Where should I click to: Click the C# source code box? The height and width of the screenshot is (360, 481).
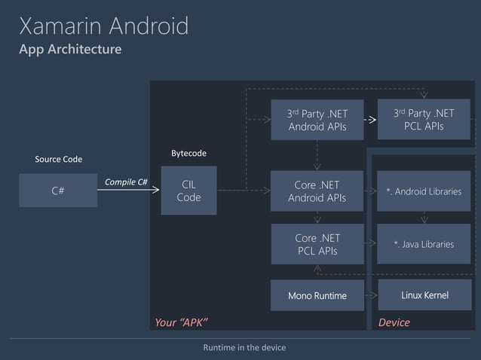pyautogui.click(x=58, y=191)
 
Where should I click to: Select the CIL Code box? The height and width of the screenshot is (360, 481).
pyautogui.click(x=188, y=191)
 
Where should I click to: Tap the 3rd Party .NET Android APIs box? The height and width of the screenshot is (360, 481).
pyautogui.click(x=317, y=120)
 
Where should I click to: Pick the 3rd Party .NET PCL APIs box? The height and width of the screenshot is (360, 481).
pyautogui.click(x=423, y=119)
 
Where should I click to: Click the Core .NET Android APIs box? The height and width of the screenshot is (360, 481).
pyautogui.click(x=317, y=191)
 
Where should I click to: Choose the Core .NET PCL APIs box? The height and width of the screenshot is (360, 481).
pyautogui.click(x=317, y=244)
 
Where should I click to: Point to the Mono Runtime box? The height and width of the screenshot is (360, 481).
pyautogui.click(x=317, y=295)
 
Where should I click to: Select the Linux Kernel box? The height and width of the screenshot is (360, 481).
pyautogui.click(x=423, y=295)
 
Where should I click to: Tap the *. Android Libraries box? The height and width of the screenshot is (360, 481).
pyautogui.click(x=423, y=191)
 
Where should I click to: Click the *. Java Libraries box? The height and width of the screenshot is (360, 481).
pyautogui.click(x=423, y=244)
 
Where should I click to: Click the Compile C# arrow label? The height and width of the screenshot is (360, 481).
pyautogui.click(x=125, y=182)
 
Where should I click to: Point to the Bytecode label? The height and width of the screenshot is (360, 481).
pyautogui.click(x=188, y=154)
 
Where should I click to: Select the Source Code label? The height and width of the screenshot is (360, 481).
pyautogui.click(x=58, y=160)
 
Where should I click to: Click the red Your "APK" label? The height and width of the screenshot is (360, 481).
pyautogui.click(x=181, y=322)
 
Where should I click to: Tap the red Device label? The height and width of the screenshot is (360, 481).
pyautogui.click(x=394, y=322)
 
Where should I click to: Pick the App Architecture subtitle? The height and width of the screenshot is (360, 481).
pyautogui.click(x=70, y=50)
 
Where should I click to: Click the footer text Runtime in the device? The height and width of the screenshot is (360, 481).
pyautogui.click(x=240, y=347)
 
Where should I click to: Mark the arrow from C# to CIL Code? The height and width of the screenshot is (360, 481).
pyautogui.click(x=128, y=191)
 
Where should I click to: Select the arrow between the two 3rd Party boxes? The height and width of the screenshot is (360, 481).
pyautogui.click(x=369, y=120)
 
